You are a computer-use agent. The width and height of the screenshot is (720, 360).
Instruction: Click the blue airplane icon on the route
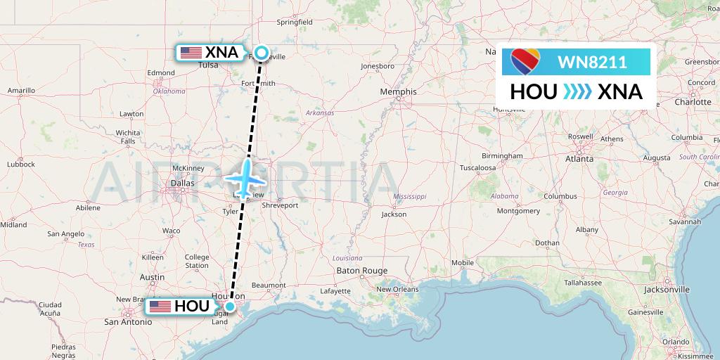coord(246,176)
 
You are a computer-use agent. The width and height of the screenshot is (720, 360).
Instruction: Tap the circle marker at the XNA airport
coord(261,52)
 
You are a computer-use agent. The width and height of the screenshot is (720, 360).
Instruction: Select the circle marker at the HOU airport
coord(230,306)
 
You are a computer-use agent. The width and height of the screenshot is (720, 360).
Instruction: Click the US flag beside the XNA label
coord(190,53)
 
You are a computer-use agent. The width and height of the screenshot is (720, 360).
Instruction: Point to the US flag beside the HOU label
coord(160,307)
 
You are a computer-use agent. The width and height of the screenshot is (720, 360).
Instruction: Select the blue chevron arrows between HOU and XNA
coord(577,92)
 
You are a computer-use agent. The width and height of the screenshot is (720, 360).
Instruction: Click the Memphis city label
coord(398,91)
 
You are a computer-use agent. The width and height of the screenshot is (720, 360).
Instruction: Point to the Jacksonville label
coord(666,289)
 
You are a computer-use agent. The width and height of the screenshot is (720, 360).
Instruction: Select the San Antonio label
coord(127,322)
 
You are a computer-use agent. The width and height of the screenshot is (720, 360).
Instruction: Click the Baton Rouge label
coord(362,271)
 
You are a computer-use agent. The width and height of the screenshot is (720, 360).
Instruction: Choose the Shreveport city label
coord(279,205)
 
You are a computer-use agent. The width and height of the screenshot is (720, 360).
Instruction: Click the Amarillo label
coord(21,91)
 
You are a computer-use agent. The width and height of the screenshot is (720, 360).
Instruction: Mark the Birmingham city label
coord(502,155)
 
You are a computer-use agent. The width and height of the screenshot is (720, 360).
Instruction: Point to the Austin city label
coord(152,278)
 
